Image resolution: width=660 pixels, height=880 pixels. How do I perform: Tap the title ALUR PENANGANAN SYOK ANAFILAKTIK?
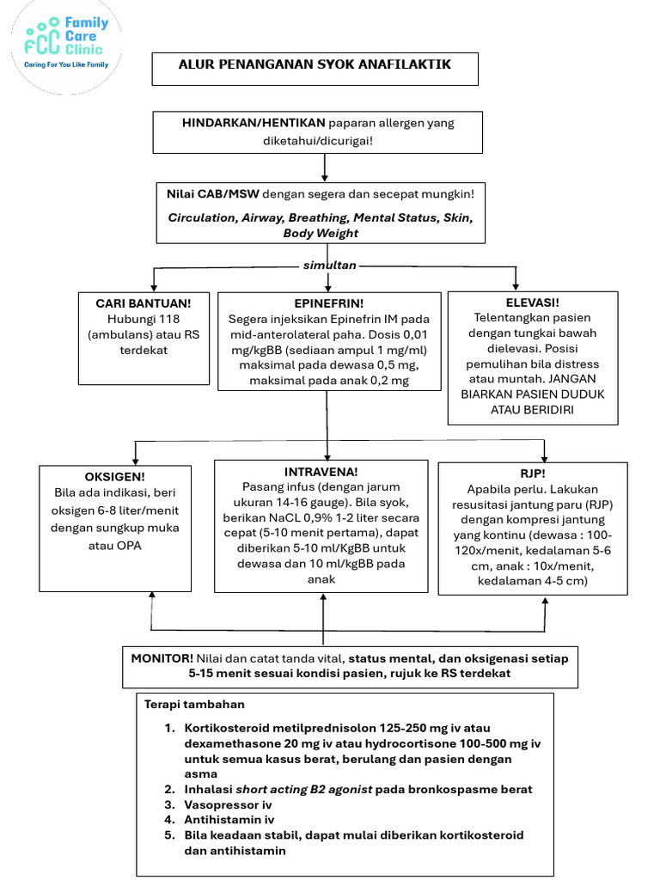[315, 64]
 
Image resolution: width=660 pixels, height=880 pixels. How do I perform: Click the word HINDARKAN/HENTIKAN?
[254, 123]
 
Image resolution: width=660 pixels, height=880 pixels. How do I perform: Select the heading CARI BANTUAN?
[144, 303]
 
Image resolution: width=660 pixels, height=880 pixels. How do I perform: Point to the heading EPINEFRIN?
[329, 303]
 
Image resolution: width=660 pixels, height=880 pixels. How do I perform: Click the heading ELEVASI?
[533, 302]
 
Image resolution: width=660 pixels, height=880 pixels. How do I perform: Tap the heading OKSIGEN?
[114, 477]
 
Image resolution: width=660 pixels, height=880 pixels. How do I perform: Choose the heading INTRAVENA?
[321, 472]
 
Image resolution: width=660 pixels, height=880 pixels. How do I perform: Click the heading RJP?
[533, 474]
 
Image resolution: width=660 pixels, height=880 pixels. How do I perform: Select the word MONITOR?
[162, 658]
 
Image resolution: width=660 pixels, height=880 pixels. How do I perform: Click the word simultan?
[329, 266]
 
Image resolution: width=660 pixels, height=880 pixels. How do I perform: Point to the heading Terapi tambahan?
[194, 705]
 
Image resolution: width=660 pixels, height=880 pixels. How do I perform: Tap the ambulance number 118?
[169, 320]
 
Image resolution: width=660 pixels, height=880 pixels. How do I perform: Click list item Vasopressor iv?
[228, 804]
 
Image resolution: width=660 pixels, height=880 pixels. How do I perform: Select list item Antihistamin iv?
[229, 820]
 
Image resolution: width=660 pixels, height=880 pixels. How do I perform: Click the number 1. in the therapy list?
[169, 729]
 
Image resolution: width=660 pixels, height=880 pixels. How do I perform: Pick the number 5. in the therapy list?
[169, 835]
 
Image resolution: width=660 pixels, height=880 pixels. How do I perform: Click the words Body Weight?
[321, 234]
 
